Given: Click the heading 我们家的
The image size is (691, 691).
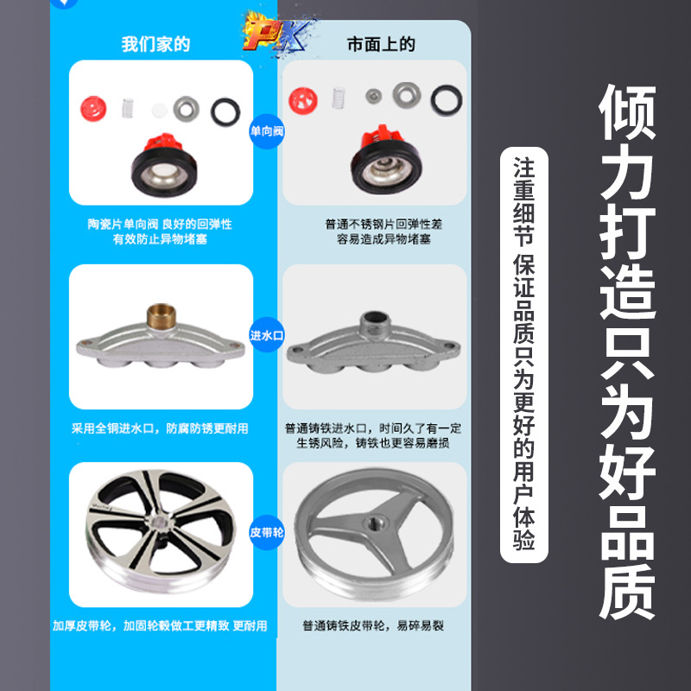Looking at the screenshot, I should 155,44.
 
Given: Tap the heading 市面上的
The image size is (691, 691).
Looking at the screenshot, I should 380,44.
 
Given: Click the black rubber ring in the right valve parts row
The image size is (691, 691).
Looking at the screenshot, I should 446,98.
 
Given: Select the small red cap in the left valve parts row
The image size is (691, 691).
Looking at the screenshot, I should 92,109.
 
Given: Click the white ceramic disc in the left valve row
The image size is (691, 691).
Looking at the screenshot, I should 157,110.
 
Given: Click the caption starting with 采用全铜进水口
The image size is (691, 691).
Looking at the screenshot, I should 161,428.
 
